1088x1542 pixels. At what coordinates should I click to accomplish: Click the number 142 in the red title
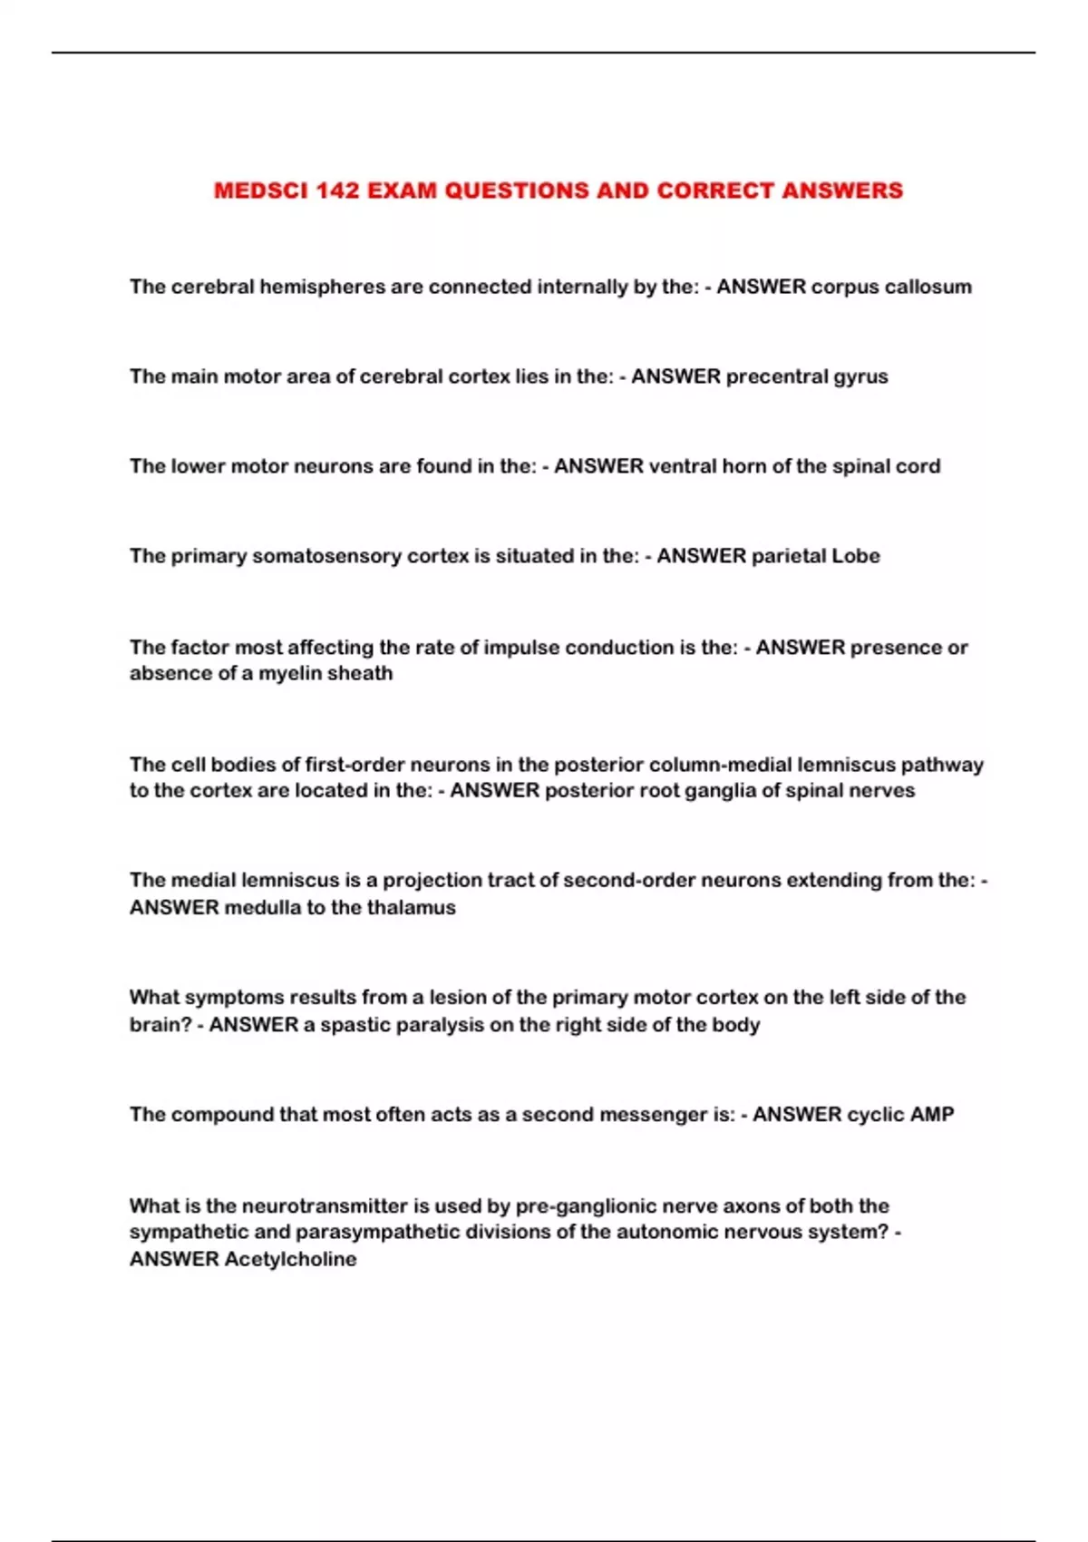click(337, 190)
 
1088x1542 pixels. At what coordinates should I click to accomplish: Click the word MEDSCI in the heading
click(261, 190)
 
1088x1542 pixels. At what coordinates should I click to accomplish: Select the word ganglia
click(719, 790)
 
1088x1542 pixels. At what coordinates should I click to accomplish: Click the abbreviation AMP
click(931, 1114)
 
